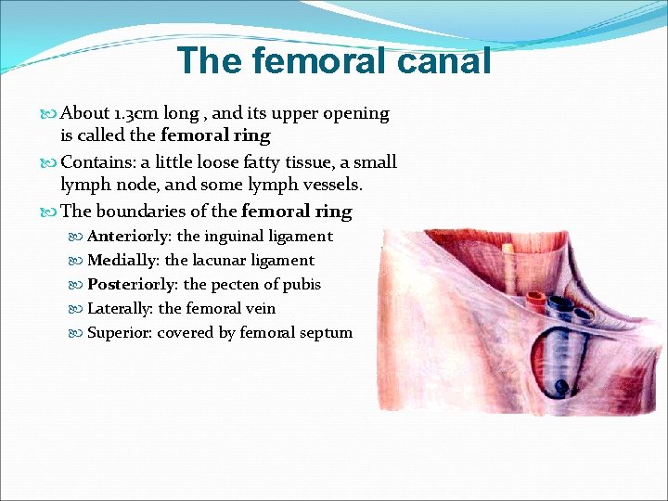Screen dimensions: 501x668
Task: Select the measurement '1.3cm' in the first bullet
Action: [136, 113]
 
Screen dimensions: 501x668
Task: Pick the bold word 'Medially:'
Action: [123, 261]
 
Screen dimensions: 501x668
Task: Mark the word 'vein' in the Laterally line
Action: [260, 309]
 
